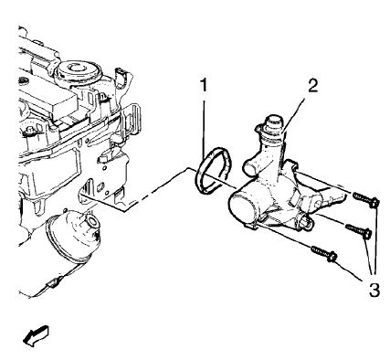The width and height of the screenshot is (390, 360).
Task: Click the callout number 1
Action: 206,89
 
